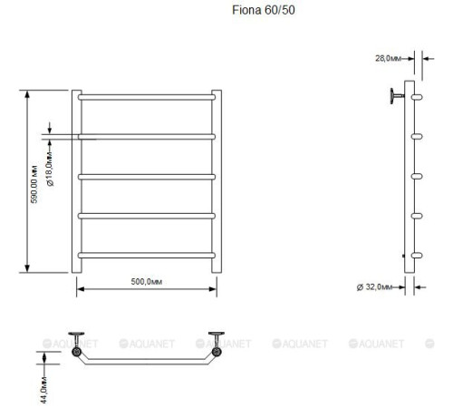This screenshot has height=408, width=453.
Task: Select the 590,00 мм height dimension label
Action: coord(34,182)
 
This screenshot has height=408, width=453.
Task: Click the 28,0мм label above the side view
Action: coord(389,58)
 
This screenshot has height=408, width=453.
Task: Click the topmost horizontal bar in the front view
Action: coord(146,95)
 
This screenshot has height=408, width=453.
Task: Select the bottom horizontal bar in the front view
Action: coord(146,254)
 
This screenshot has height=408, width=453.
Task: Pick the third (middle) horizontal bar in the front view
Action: coord(146,175)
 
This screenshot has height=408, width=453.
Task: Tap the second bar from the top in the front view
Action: coord(146,136)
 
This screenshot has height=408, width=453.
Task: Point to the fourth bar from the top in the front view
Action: coord(146,215)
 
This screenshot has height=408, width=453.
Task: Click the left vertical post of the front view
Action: coord(76,181)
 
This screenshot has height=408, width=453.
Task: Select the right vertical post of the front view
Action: coord(217,181)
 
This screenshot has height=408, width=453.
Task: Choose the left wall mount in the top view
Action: coord(79,346)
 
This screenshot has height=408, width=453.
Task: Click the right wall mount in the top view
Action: coord(217,346)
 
